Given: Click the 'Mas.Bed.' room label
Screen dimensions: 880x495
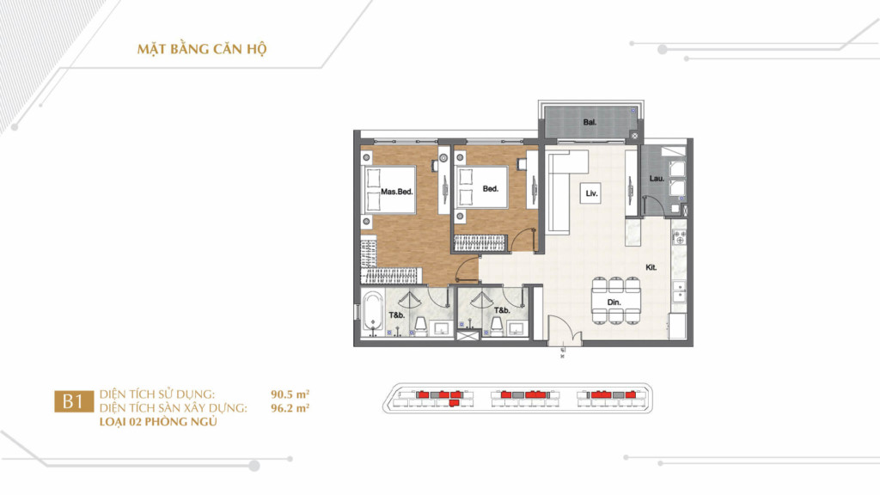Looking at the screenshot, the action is [397, 192].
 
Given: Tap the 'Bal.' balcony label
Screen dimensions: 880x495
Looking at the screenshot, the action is [590, 122].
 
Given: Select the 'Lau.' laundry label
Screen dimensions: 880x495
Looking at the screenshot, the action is [657, 179].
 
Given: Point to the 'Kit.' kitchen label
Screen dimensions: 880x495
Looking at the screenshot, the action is [651, 268].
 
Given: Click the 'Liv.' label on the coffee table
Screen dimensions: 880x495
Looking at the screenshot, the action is [591, 193].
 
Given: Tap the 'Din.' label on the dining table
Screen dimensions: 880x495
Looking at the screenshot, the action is [614, 302].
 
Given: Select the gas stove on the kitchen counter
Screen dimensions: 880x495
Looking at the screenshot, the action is [679, 236].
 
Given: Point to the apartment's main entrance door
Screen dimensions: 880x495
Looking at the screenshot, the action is [565, 330].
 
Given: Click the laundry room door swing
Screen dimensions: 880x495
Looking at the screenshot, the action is [653, 205].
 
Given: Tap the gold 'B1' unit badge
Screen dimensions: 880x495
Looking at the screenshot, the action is [74, 401].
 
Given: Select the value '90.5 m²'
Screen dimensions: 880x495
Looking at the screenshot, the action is [290, 394].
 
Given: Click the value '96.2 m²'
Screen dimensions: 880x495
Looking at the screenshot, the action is [290, 408].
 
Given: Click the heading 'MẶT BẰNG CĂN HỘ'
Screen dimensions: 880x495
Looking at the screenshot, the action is [202, 49].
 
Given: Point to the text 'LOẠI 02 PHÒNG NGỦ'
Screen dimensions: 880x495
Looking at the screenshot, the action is [158, 422].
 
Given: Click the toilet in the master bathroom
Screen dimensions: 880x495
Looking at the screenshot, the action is [420, 324].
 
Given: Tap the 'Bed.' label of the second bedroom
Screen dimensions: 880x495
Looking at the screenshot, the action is [491, 188].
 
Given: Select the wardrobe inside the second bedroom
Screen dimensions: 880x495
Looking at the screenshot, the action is [480, 243].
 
